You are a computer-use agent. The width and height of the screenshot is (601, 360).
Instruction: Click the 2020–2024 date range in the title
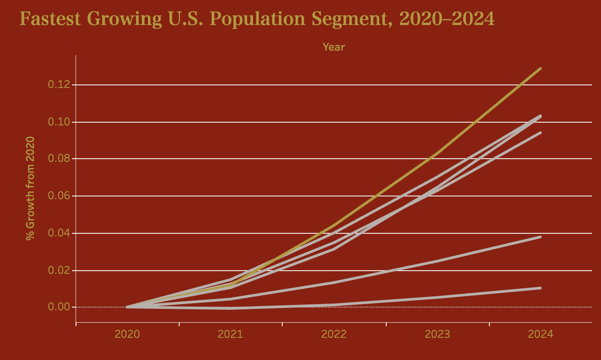[447, 19]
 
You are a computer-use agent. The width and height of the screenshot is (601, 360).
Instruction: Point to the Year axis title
[333, 47]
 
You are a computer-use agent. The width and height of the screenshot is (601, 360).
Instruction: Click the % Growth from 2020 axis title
[30, 188]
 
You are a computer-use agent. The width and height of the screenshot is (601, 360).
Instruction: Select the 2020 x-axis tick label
[127, 334]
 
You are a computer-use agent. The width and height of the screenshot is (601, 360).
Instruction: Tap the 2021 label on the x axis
[230, 334]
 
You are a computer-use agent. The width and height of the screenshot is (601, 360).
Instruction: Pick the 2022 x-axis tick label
[334, 334]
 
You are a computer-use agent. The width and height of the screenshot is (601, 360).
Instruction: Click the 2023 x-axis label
[437, 334]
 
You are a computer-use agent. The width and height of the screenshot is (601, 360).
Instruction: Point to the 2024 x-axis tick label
[541, 334]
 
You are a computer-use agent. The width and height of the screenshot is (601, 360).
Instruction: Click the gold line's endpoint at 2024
[540, 68]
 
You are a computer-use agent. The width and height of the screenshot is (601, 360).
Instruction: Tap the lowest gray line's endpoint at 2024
[540, 288]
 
